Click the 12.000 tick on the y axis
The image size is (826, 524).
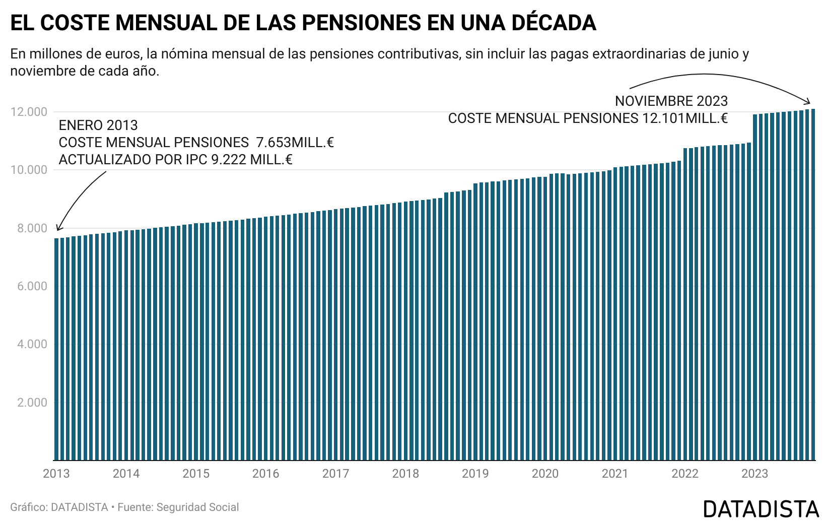pyautogui.click(x=29, y=112)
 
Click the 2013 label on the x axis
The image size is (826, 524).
pyautogui.click(x=56, y=474)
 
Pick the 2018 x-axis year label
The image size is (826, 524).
pyautogui.click(x=405, y=474)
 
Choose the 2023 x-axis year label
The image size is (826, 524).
pyautogui.click(x=754, y=474)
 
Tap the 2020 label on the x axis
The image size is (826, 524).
pyautogui.click(x=545, y=474)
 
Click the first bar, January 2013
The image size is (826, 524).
pyautogui.click(x=56, y=348)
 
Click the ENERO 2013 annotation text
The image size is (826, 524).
pyautogui.click(x=98, y=125)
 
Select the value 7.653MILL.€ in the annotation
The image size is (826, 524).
pyautogui.click(x=295, y=143)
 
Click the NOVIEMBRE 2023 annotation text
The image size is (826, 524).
pyautogui.click(x=671, y=101)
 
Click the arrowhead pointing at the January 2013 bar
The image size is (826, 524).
pyautogui.click(x=58, y=229)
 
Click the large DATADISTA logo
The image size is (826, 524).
pyautogui.click(x=761, y=509)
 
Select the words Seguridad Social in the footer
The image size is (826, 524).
pyautogui.click(x=198, y=507)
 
